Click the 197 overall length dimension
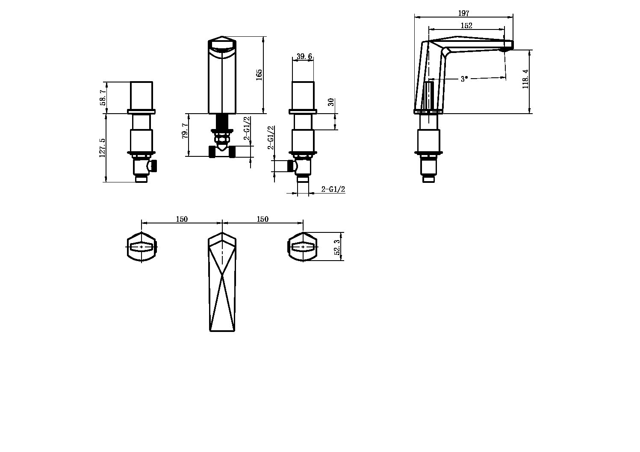pyautogui.click(x=464, y=13)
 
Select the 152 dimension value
pyautogui.click(x=466, y=25)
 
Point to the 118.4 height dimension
pyautogui.click(x=525, y=79)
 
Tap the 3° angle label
pyautogui.click(x=464, y=79)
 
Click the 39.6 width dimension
pyautogui.click(x=304, y=56)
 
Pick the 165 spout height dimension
pyautogui.click(x=259, y=75)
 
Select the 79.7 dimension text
pyautogui.click(x=185, y=131)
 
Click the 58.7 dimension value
pyautogui.click(x=103, y=97)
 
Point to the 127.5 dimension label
pyautogui.click(x=102, y=148)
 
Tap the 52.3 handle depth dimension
pyautogui.click(x=337, y=247)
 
